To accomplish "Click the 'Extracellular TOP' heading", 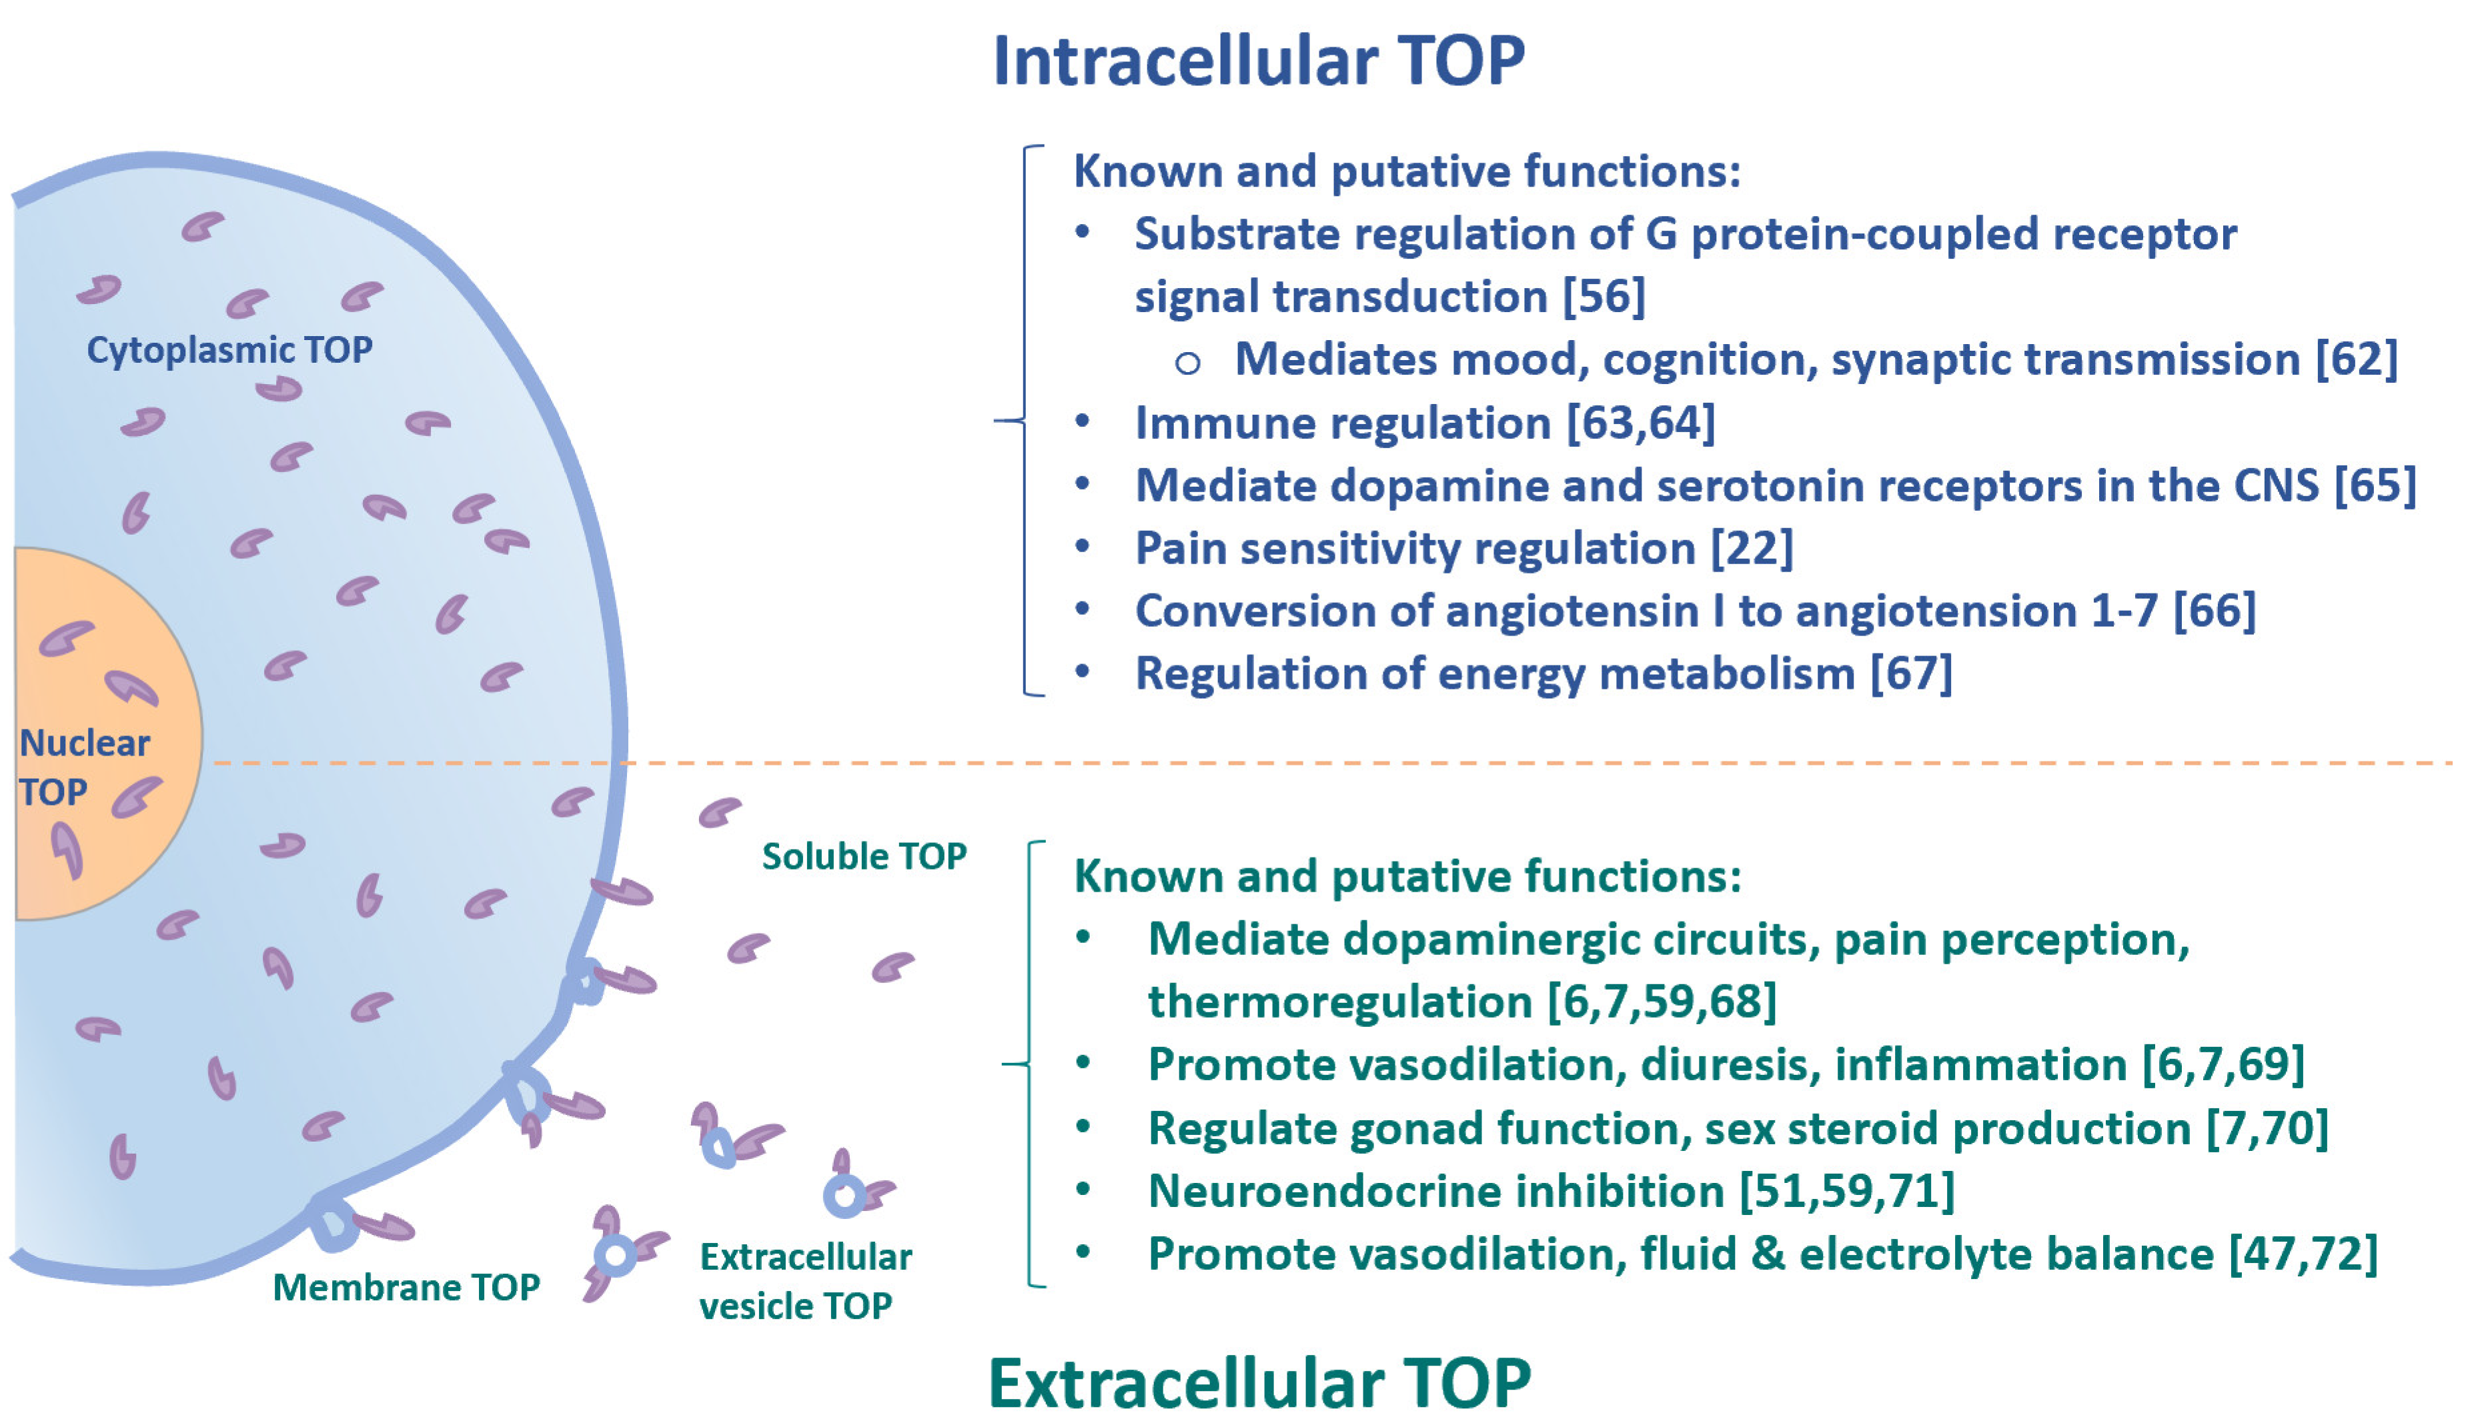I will pyautogui.click(x=1259, y=1382).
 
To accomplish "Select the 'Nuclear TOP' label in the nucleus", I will pyautogui.click(x=84, y=767).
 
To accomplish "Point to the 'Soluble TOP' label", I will pyautogui.click(x=864, y=856).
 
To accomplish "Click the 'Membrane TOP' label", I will pyautogui.click(x=406, y=1288).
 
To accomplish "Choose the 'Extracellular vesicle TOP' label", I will pyautogui.click(x=804, y=1280).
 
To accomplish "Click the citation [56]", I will pyautogui.click(x=1604, y=296).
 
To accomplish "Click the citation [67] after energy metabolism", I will pyautogui.click(x=1911, y=673).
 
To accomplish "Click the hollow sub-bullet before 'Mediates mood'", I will pyautogui.click(x=1187, y=363).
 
